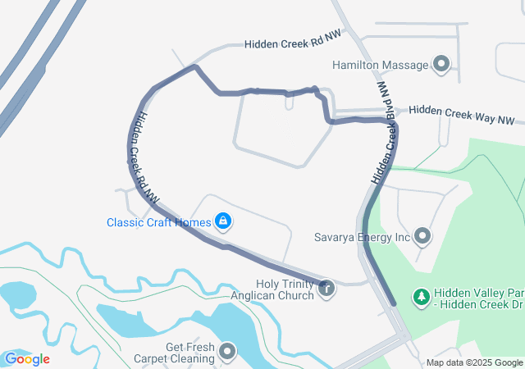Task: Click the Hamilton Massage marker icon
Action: pos(441,64)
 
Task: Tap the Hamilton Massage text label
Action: pos(381,64)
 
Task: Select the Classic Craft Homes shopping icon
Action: pos(222,221)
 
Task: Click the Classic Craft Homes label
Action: pos(158,222)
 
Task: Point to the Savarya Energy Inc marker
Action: pos(422,237)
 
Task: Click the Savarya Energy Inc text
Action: pos(362,237)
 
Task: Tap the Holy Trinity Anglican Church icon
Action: pos(326,288)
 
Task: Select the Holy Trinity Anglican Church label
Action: pos(274,289)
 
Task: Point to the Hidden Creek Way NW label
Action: pos(461,114)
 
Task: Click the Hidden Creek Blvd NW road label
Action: pos(384,131)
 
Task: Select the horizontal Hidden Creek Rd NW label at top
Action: pos(292,41)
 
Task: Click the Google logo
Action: pos(27,358)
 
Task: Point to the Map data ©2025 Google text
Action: pos(474,362)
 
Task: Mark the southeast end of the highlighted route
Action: pos(395,304)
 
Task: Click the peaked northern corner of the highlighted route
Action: pos(194,66)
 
